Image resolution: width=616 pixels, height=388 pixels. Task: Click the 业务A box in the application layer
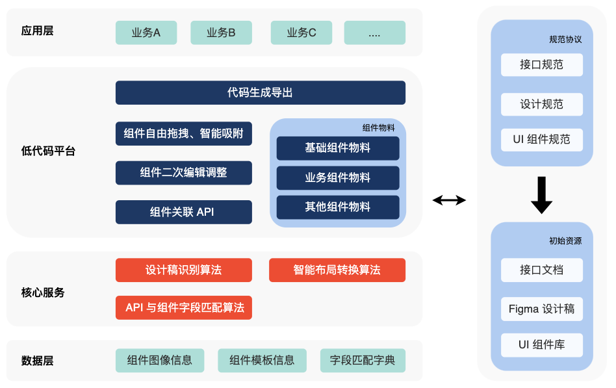pyautogui.click(x=146, y=32)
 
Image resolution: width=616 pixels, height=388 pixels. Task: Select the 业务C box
pyautogui.click(x=302, y=32)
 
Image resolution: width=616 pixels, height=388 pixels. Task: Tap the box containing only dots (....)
pyautogui.click(x=374, y=32)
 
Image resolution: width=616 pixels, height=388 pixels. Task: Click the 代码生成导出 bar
pyautogui.click(x=260, y=92)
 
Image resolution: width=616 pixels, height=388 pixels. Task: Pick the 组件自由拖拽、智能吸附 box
pyautogui.click(x=183, y=134)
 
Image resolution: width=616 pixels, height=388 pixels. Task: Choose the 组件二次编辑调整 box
pyautogui.click(x=183, y=173)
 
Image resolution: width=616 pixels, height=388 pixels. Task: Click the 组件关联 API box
pyautogui.click(x=183, y=212)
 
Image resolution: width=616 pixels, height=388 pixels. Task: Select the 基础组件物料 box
pyautogui.click(x=337, y=148)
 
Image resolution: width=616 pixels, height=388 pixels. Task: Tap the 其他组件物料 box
pyautogui.click(x=337, y=207)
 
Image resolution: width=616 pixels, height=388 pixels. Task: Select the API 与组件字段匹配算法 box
pyautogui.click(x=183, y=307)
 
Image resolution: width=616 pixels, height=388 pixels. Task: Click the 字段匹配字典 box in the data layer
pyautogui.click(x=363, y=360)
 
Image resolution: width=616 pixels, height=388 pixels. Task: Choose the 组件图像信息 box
pyautogui.click(x=159, y=360)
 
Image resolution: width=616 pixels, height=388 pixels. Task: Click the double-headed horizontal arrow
pyautogui.click(x=450, y=200)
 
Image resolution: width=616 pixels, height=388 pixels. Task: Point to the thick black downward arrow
pyautogui.click(x=541, y=196)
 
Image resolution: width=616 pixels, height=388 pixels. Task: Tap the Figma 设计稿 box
pyautogui.click(x=542, y=309)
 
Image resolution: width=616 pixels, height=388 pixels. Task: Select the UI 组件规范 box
pyautogui.click(x=542, y=140)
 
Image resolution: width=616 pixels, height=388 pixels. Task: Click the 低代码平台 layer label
pyautogui.click(x=48, y=151)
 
